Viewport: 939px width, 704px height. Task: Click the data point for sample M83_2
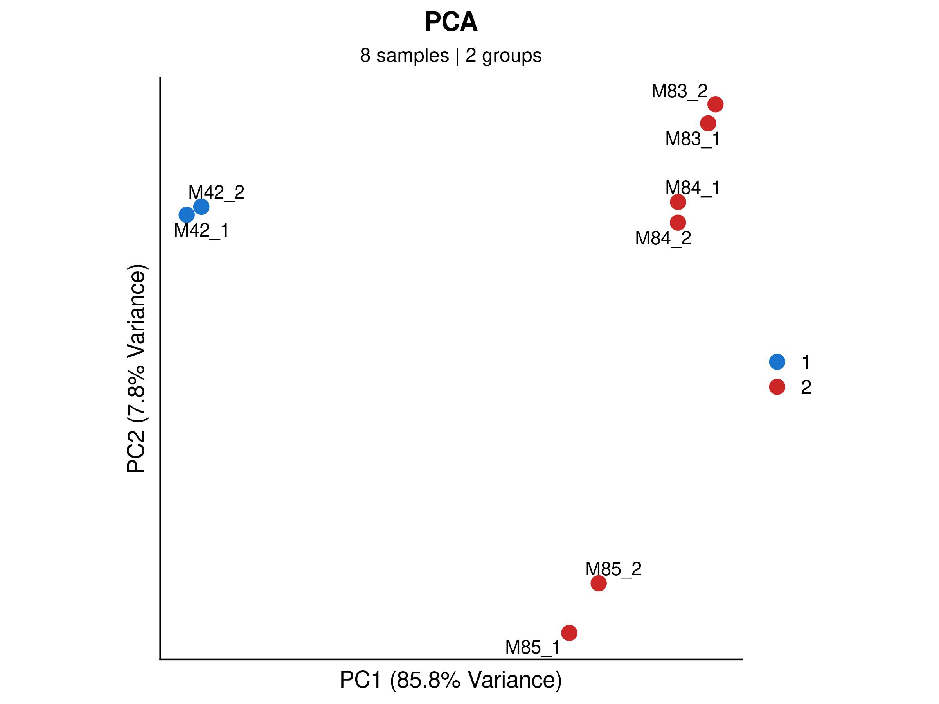(x=715, y=104)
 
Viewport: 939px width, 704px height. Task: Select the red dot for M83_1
(x=708, y=124)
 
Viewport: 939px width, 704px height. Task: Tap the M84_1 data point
(x=678, y=202)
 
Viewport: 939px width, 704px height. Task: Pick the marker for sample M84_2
(x=678, y=223)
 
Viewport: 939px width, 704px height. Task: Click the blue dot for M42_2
(x=201, y=207)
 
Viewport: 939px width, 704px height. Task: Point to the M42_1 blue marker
(x=187, y=215)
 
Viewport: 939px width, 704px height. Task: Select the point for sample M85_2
(x=599, y=584)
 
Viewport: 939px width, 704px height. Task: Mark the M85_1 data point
(x=569, y=633)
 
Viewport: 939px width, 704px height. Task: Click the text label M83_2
(x=679, y=92)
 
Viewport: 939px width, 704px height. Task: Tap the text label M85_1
(x=532, y=648)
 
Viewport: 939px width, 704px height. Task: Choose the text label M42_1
(x=201, y=231)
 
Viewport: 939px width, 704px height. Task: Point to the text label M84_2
(x=663, y=239)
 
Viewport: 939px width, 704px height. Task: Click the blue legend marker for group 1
(x=777, y=361)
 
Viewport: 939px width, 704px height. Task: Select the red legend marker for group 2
(x=777, y=386)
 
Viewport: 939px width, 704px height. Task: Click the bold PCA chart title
(x=451, y=22)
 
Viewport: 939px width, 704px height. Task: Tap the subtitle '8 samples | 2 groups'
(x=451, y=56)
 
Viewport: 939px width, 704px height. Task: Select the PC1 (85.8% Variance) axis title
(x=451, y=680)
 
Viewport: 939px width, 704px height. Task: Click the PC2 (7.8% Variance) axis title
(x=136, y=368)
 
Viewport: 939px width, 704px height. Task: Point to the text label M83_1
(x=693, y=139)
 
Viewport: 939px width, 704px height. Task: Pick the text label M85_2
(x=613, y=569)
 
